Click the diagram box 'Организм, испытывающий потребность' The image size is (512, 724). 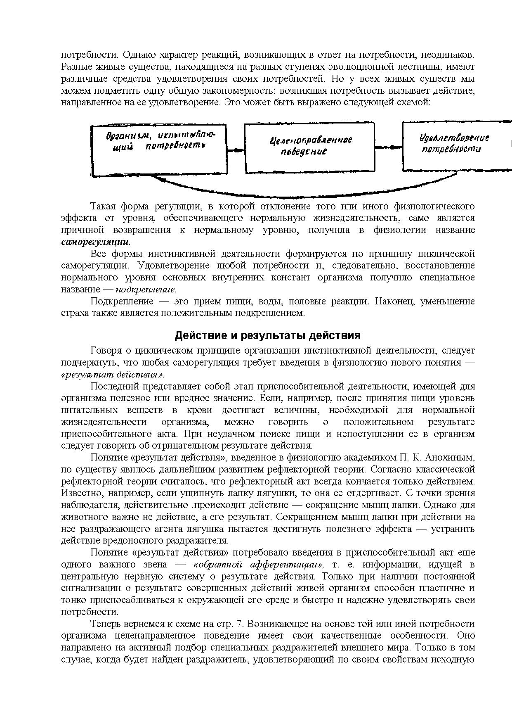click(x=159, y=150)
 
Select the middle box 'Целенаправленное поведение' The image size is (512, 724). click(x=309, y=147)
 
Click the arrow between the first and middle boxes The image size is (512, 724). click(x=236, y=151)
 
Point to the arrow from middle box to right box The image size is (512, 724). click(x=389, y=147)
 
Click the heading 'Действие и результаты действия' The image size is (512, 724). click(x=268, y=335)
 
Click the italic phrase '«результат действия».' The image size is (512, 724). click(x=113, y=375)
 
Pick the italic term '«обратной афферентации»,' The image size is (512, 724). click(x=259, y=564)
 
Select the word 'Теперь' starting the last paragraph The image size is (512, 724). click(x=105, y=624)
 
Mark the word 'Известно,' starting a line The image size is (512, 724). click(x=78, y=493)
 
